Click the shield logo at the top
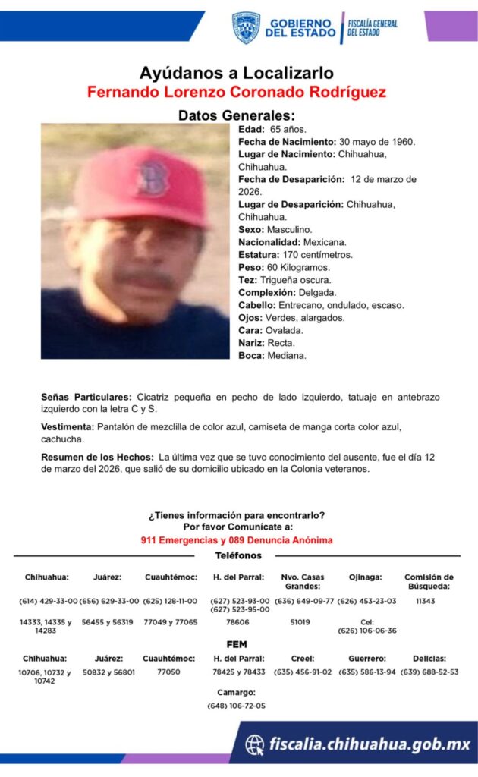pos(246,27)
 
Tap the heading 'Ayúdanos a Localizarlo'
pos(236,73)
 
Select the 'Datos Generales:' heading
pos(236,115)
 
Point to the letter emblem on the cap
pos(149,177)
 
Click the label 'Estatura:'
pos(258,254)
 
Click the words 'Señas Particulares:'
pos(86,397)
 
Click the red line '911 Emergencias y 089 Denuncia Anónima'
pos(236,540)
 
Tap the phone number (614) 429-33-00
pos(48,601)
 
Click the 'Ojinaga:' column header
pos(365,577)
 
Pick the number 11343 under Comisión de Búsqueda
pos(426,601)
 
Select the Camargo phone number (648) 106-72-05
pos(236,706)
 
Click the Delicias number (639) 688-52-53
pos(429,672)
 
